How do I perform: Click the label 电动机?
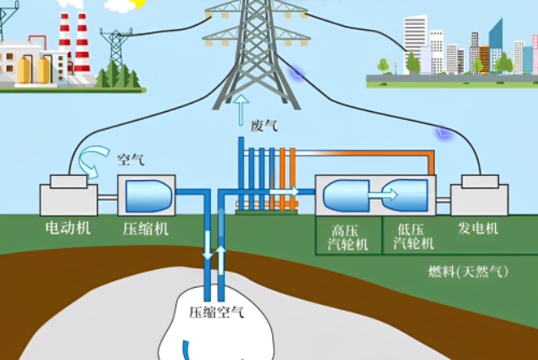pos(68,228)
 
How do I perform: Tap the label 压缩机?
pos(145,229)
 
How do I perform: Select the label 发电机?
pos(478,228)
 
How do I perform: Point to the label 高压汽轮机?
pos(348,238)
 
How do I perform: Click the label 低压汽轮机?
pos(413,237)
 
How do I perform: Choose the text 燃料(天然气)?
pos(468,272)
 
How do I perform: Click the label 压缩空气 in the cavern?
pos(217,313)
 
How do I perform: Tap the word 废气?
pos(264,126)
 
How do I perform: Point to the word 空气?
pos(130,159)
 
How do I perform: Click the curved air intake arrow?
pos(93,161)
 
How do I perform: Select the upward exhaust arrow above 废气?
pos(241,110)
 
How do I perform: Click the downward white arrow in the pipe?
pos(207,245)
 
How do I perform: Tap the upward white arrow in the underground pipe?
pos(221,260)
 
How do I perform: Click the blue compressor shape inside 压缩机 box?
pos(149,196)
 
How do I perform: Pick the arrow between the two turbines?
pos(382,195)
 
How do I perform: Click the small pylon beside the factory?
pos(116,49)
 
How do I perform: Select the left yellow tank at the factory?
pos(24,70)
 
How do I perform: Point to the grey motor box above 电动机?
pos(69,196)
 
